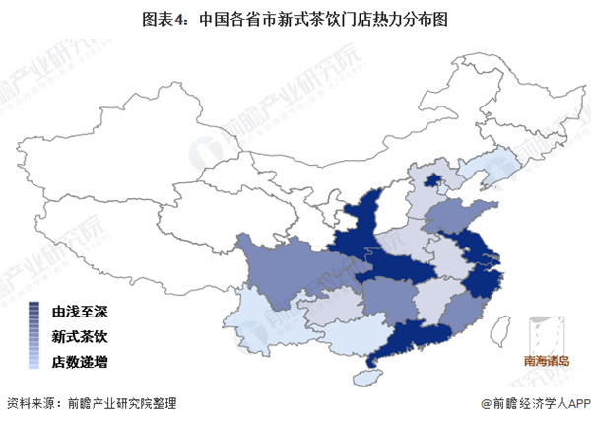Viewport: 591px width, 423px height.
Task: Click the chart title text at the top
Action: pyautogui.click(x=295, y=17)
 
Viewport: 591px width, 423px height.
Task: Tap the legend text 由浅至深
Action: pyautogui.click(x=81, y=310)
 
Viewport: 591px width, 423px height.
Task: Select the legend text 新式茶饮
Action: pyautogui.click(x=81, y=335)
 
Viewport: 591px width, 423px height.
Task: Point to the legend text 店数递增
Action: pyautogui.click(x=81, y=361)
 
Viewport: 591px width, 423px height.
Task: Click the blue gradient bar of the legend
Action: pyautogui.click(x=34, y=335)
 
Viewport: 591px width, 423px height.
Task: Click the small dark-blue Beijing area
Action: pyautogui.click(x=431, y=180)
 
